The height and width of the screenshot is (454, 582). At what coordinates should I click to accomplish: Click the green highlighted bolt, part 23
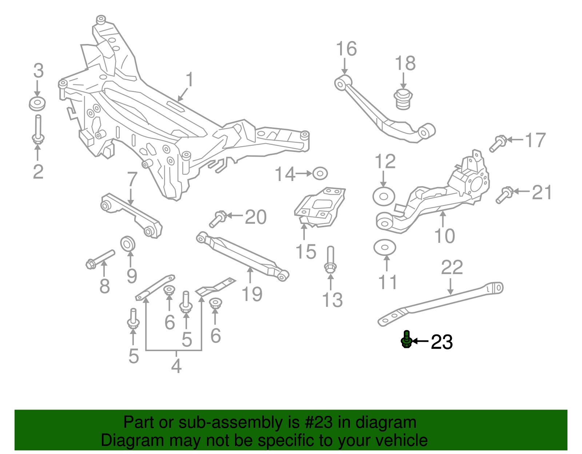407,340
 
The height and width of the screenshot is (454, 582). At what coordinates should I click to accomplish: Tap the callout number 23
442,342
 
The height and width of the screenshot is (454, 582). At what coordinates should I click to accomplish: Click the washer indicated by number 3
37,104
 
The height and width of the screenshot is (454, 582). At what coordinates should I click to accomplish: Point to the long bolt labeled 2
38,129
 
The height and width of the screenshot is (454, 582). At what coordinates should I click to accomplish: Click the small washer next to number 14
320,173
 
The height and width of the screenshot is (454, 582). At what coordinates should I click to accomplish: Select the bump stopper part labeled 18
403,99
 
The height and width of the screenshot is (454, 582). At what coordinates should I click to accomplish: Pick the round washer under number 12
384,196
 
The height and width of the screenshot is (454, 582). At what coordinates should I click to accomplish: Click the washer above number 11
384,248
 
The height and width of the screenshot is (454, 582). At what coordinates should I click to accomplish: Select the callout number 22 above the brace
452,268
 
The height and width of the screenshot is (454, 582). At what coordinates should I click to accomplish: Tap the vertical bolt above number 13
330,259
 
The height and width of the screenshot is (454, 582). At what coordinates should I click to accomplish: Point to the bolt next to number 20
218,219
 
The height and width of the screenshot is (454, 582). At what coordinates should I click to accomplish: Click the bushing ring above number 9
128,243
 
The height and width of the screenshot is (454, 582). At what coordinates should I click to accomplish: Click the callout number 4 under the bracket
176,366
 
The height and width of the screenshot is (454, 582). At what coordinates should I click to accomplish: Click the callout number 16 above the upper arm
346,49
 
